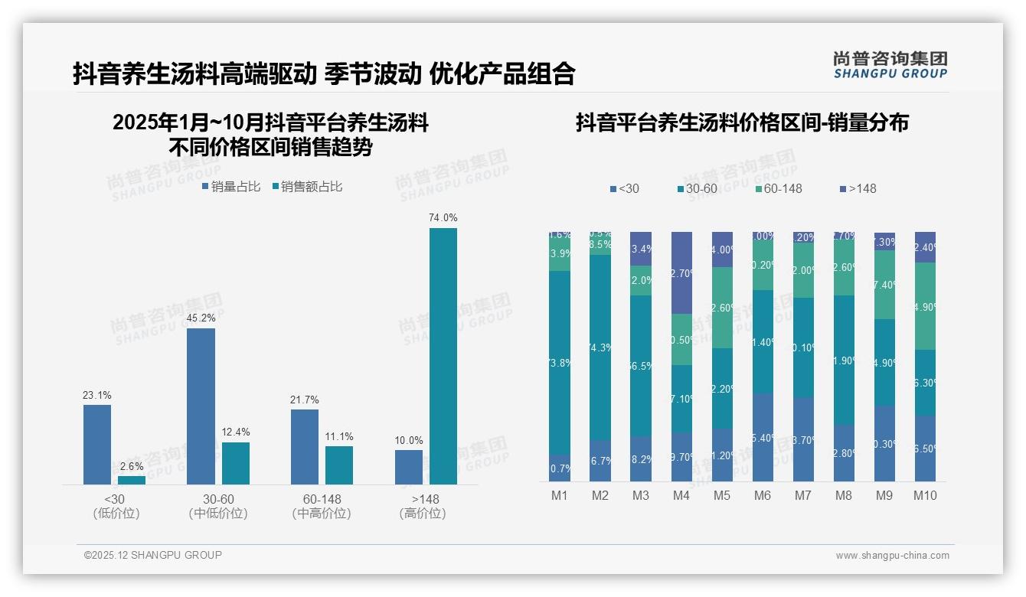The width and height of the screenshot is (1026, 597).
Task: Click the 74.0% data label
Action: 443,218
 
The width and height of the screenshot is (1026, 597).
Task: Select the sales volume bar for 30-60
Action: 201,406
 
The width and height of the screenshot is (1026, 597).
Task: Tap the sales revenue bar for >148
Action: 443,356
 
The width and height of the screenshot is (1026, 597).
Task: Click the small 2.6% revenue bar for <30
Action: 132,480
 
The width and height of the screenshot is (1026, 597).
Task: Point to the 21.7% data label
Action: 305,400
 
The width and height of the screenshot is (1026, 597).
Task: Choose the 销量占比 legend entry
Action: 231,187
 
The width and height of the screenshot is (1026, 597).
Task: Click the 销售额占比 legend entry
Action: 307,187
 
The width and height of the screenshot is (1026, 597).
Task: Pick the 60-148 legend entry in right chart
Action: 778,188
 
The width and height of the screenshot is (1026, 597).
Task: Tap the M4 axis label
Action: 681,495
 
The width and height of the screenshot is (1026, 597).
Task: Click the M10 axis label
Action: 925,495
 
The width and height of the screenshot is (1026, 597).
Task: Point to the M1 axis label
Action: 560,495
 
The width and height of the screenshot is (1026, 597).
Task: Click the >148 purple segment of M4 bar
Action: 681,272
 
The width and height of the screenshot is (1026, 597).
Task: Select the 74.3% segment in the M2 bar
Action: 600,347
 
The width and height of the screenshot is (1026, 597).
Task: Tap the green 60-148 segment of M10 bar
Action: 925,306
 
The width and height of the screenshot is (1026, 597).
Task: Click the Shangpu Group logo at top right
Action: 890,65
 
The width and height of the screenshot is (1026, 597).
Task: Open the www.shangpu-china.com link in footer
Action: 892,556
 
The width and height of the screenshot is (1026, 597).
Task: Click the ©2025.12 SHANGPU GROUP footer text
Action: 153,555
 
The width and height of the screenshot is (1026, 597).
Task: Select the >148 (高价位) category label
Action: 422,507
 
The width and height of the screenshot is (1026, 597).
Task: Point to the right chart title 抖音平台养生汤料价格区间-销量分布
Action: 742,123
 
